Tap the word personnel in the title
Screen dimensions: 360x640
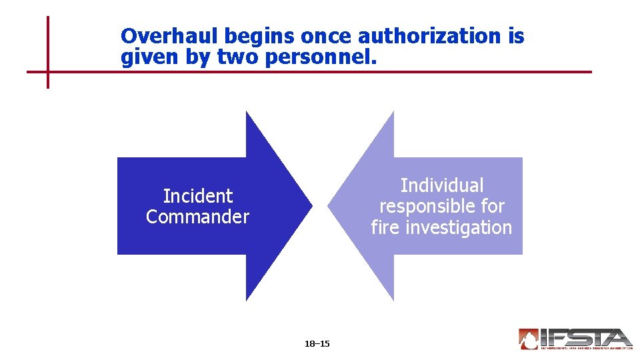[x=321, y=58]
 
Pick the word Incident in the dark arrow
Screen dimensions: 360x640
[x=198, y=196]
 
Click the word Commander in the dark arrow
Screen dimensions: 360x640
[x=197, y=217]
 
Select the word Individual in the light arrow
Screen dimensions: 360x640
[x=441, y=185]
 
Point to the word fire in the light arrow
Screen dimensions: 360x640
[x=385, y=227]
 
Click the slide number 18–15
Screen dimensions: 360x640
[x=317, y=344]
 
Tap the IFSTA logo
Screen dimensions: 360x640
[x=575, y=339]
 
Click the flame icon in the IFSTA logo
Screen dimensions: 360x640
[x=529, y=339]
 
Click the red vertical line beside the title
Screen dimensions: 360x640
[x=48, y=40]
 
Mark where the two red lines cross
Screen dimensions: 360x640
[x=48, y=71]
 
